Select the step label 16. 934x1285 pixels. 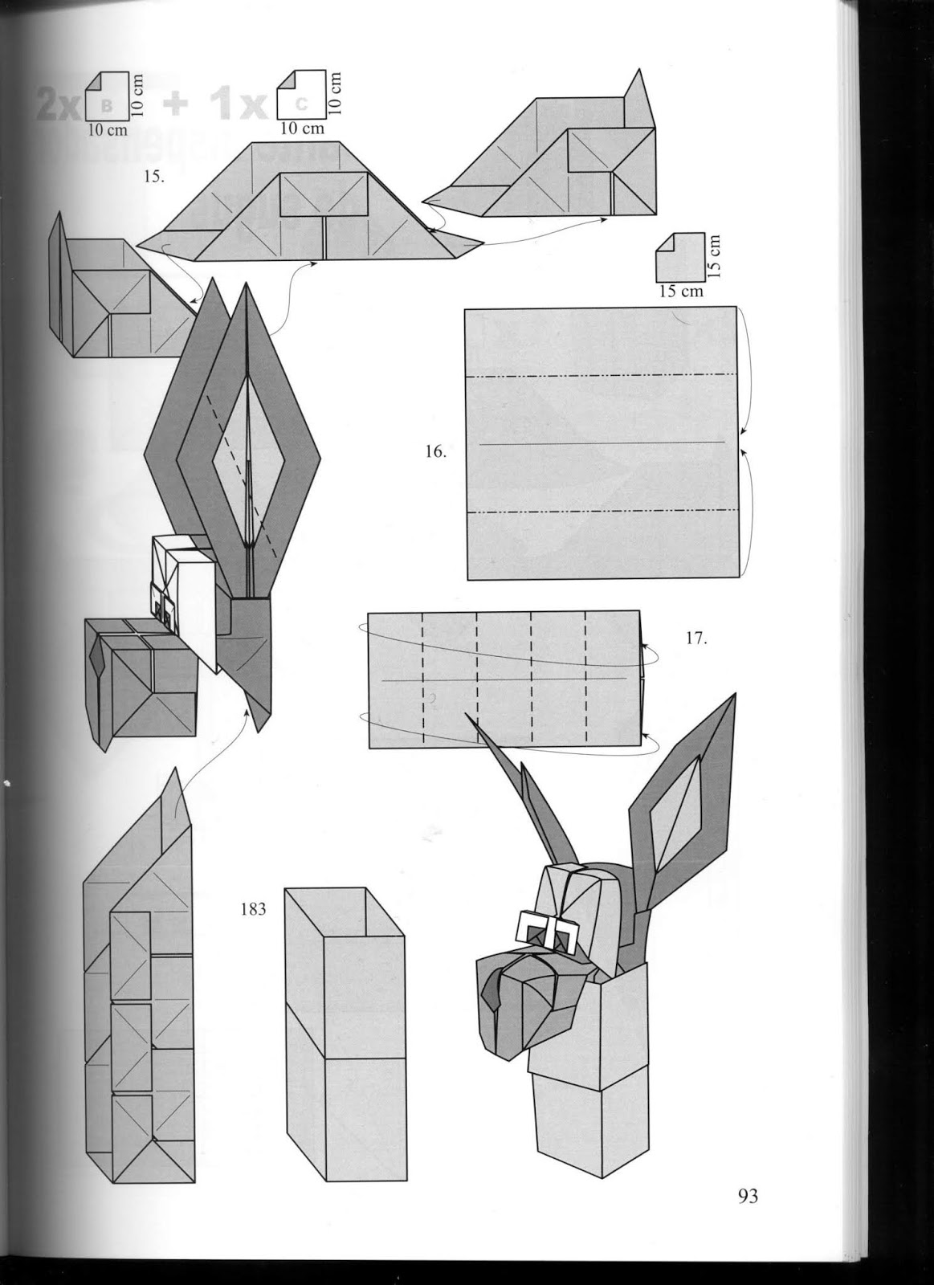point(435,451)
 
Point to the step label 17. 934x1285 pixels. point(695,640)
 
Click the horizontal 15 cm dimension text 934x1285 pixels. point(681,291)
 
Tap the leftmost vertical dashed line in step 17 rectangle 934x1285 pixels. point(423,679)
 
